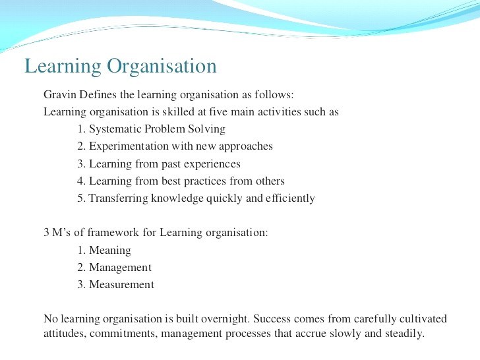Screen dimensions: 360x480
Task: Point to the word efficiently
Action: (x=289, y=198)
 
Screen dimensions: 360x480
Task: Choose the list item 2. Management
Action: (x=114, y=268)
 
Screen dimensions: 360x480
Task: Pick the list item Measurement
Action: (x=121, y=285)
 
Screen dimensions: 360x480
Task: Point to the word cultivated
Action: (x=423, y=319)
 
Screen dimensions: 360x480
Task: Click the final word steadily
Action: (x=403, y=334)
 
